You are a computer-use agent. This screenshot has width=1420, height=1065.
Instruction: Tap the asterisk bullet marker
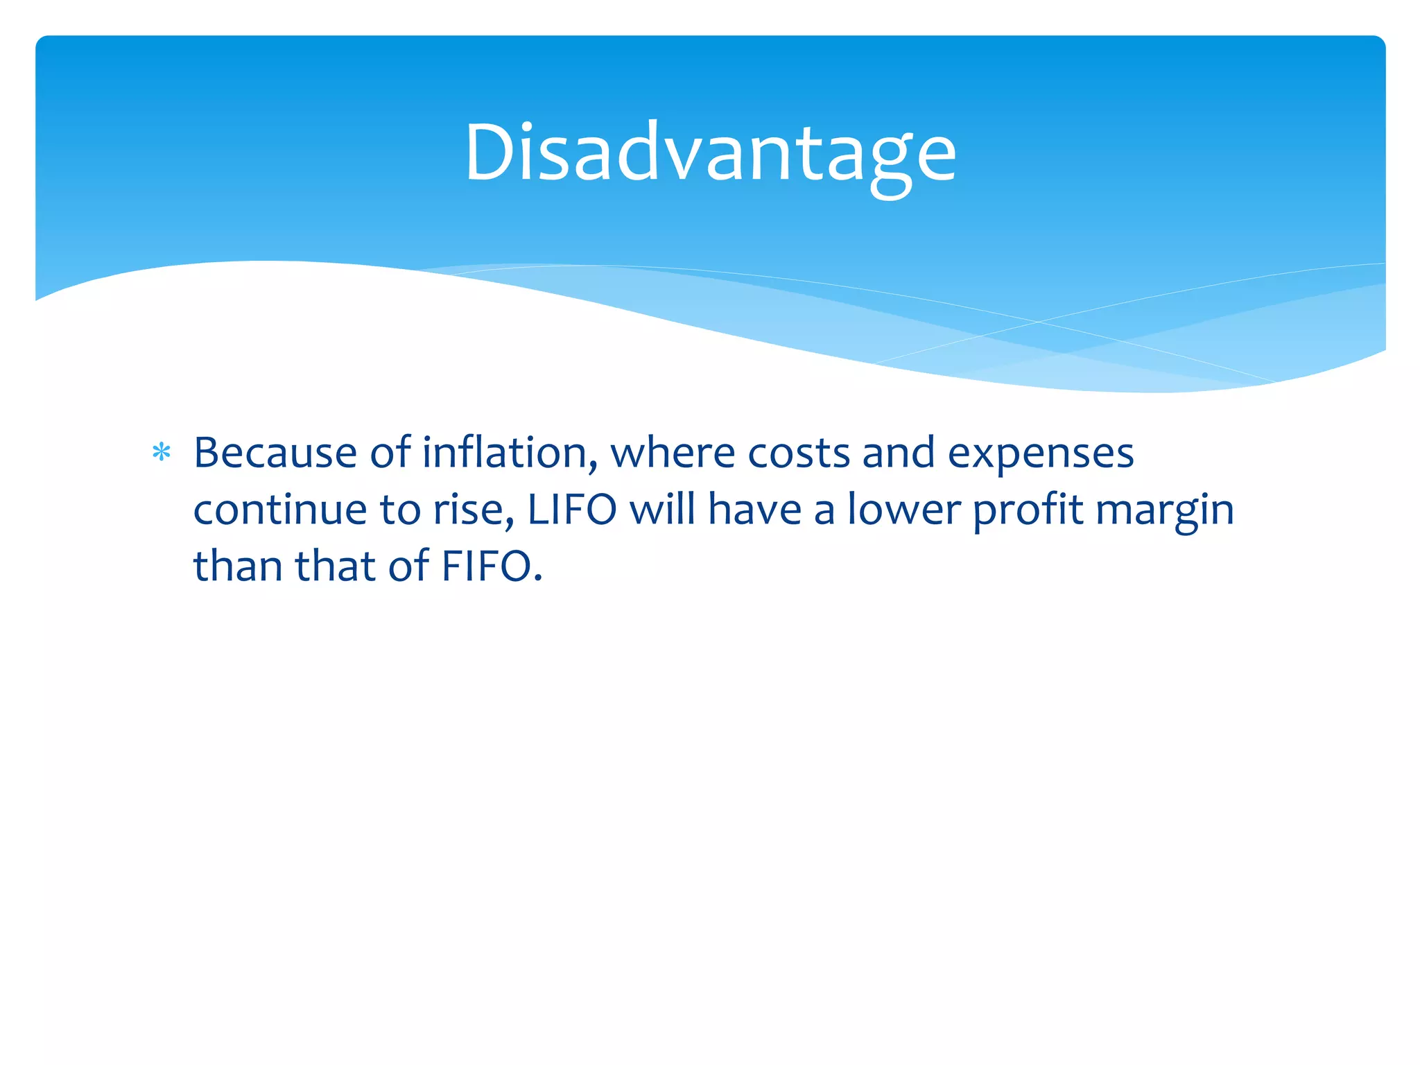click(161, 453)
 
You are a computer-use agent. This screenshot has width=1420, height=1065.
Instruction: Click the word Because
click(275, 453)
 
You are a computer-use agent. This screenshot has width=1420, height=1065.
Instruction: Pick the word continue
click(280, 510)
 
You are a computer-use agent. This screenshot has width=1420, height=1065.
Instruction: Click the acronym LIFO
click(572, 510)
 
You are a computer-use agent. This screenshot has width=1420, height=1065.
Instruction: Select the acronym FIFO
click(486, 566)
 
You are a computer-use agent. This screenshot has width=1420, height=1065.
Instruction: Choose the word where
click(673, 453)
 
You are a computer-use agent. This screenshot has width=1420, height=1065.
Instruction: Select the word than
click(238, 566)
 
